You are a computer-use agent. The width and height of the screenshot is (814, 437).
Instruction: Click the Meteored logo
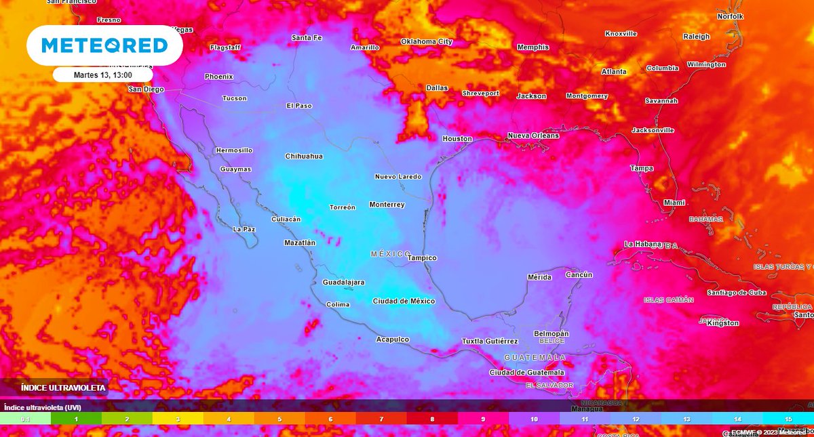104,45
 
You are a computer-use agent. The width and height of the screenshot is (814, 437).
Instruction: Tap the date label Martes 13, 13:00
102,75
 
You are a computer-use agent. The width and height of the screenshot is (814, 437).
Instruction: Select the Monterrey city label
387,205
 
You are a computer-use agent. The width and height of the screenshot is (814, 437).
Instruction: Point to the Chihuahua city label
304,157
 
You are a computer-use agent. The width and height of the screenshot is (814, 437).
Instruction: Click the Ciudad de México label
404,301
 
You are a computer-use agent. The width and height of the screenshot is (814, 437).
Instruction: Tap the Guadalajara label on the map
343,282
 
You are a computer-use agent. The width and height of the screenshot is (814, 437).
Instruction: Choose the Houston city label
457,139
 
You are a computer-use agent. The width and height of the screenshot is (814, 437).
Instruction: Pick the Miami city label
674,203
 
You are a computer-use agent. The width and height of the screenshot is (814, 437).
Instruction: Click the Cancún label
579,275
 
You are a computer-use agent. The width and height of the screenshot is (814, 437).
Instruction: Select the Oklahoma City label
426,41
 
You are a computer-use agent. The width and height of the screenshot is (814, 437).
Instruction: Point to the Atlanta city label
614,72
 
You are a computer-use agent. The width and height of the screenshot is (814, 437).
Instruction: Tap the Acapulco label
393,339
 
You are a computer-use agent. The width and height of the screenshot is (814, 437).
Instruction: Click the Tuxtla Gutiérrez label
490,341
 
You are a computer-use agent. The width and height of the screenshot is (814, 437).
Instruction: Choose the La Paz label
244,229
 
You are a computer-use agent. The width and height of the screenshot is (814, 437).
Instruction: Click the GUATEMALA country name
535,357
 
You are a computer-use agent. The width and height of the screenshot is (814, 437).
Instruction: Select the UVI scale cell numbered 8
432,419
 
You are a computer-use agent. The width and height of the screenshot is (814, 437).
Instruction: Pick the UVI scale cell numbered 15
788,419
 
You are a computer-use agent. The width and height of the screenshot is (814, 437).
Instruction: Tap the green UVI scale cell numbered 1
76,419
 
